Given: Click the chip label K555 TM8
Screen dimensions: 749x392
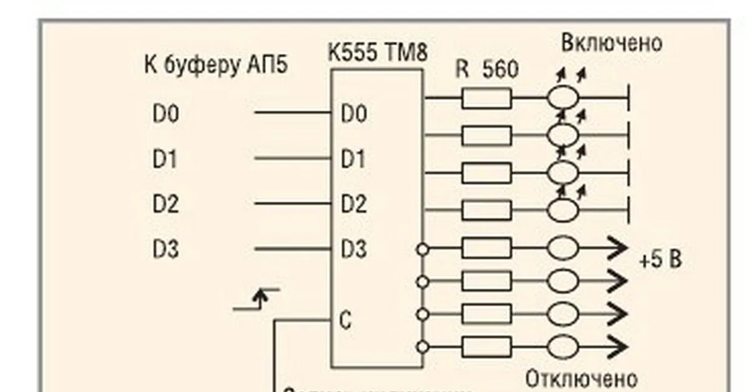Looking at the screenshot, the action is [x=378, y=54].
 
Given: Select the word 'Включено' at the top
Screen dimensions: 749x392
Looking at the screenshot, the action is [x=611, y=43].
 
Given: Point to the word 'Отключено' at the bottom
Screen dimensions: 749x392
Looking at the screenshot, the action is [x=581, y=379].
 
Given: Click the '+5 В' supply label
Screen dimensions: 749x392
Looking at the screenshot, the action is [x=660, y=259].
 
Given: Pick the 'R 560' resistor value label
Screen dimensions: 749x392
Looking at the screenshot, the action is [x=487, y=70].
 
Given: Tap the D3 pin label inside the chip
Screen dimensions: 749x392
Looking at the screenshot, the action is [x=354, y=250].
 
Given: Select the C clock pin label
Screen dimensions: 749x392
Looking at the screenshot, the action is [x=346, y=320].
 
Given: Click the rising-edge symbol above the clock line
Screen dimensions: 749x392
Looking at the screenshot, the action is [x=257, y=299].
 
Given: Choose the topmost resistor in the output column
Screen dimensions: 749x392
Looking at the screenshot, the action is [x=486, y=98].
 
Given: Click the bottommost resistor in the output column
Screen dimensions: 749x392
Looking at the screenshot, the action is [x=486, y=346].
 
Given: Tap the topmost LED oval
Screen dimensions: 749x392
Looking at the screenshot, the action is [x=563, y=98].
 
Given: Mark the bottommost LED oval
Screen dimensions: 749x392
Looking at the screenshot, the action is [x=563, y=346].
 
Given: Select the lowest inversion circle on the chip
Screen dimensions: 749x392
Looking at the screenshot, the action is [x=423, y=346].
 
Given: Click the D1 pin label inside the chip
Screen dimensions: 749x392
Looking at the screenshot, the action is [x=353, y=160].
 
